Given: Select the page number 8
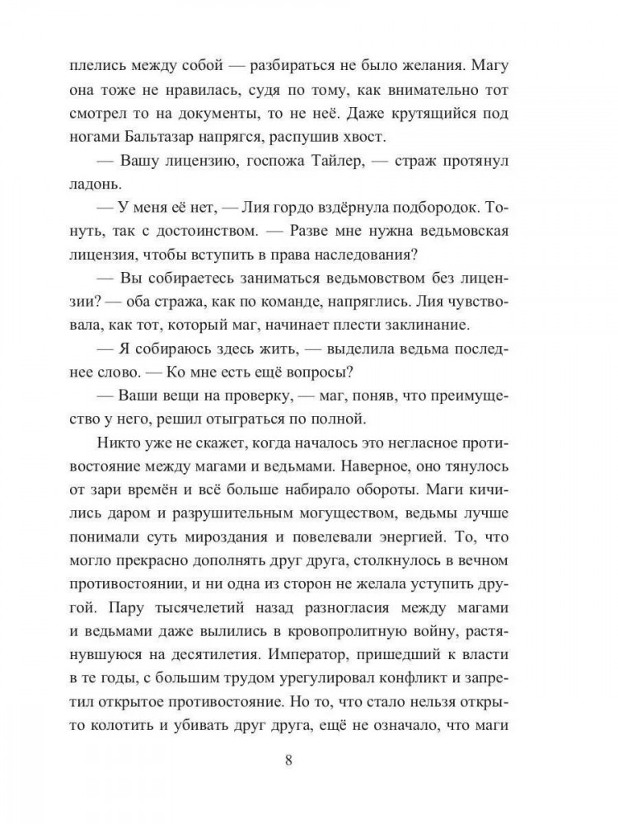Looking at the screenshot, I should tap(288, 760).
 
